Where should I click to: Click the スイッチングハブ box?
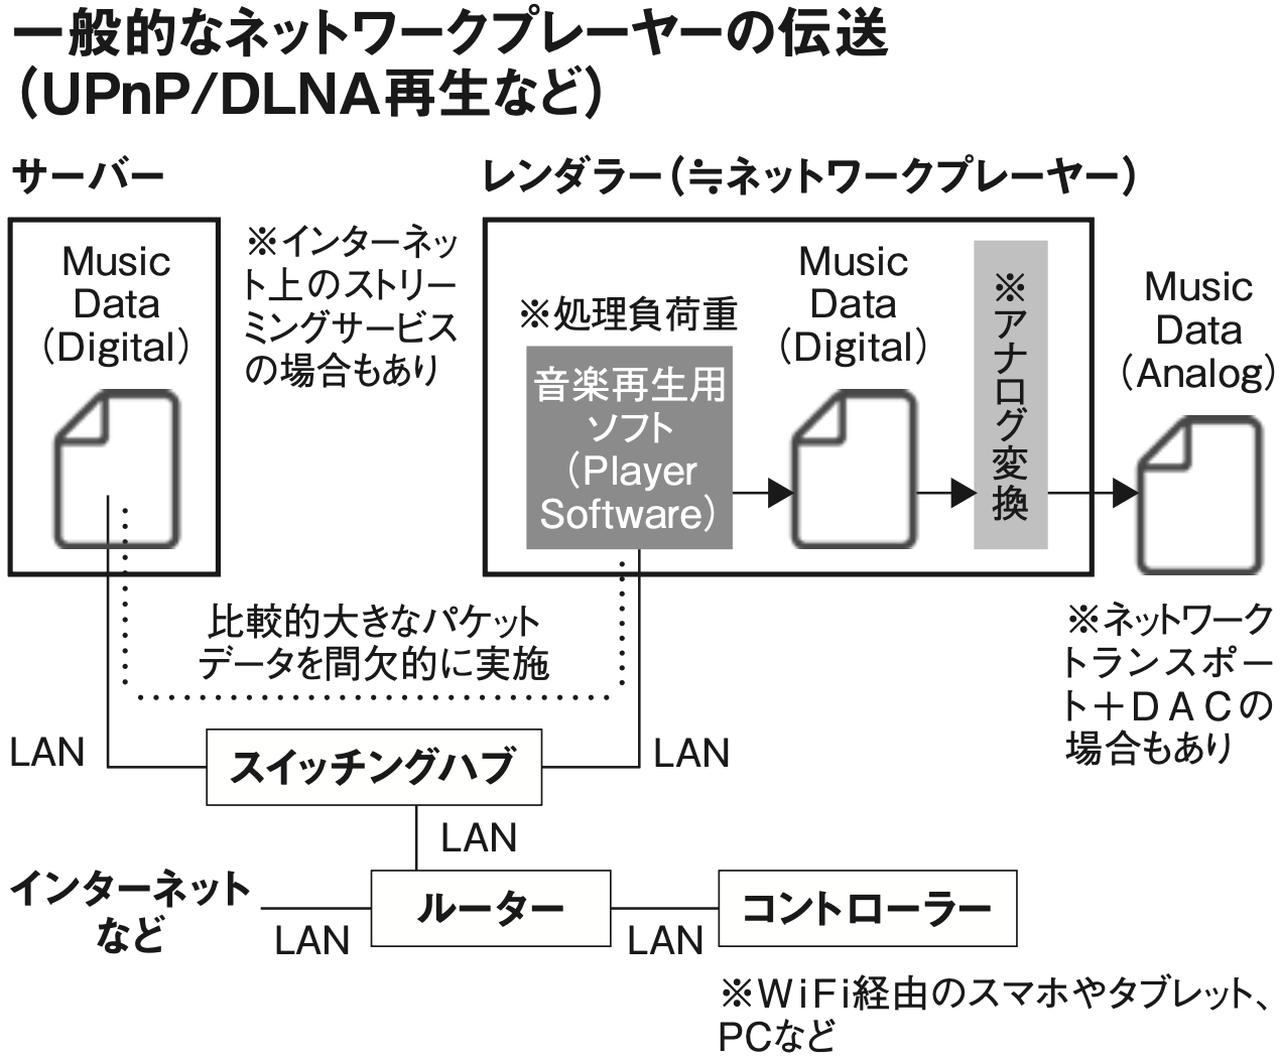[x=374, y=766]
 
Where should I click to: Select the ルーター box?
[x=490, y=908]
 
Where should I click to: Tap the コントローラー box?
[x=867, y=908]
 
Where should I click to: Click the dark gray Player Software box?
[x=629, y=448]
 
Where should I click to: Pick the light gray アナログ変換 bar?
[x=1010, y=394]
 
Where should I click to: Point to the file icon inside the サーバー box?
[x=117, y=469]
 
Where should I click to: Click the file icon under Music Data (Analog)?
[x=1200, y=494]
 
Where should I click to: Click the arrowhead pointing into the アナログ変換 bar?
[x=962, y=492]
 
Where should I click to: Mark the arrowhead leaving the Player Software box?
[x=780, y=492]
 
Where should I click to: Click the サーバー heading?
[x=88, y=176]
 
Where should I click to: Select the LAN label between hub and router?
[x=479, y=837]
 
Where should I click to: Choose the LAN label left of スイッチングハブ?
[x=47, y=752]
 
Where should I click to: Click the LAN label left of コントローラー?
[x=665, y=940]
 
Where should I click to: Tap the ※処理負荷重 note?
[x=628, y=314]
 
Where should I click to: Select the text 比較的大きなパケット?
[x=373, y=622]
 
